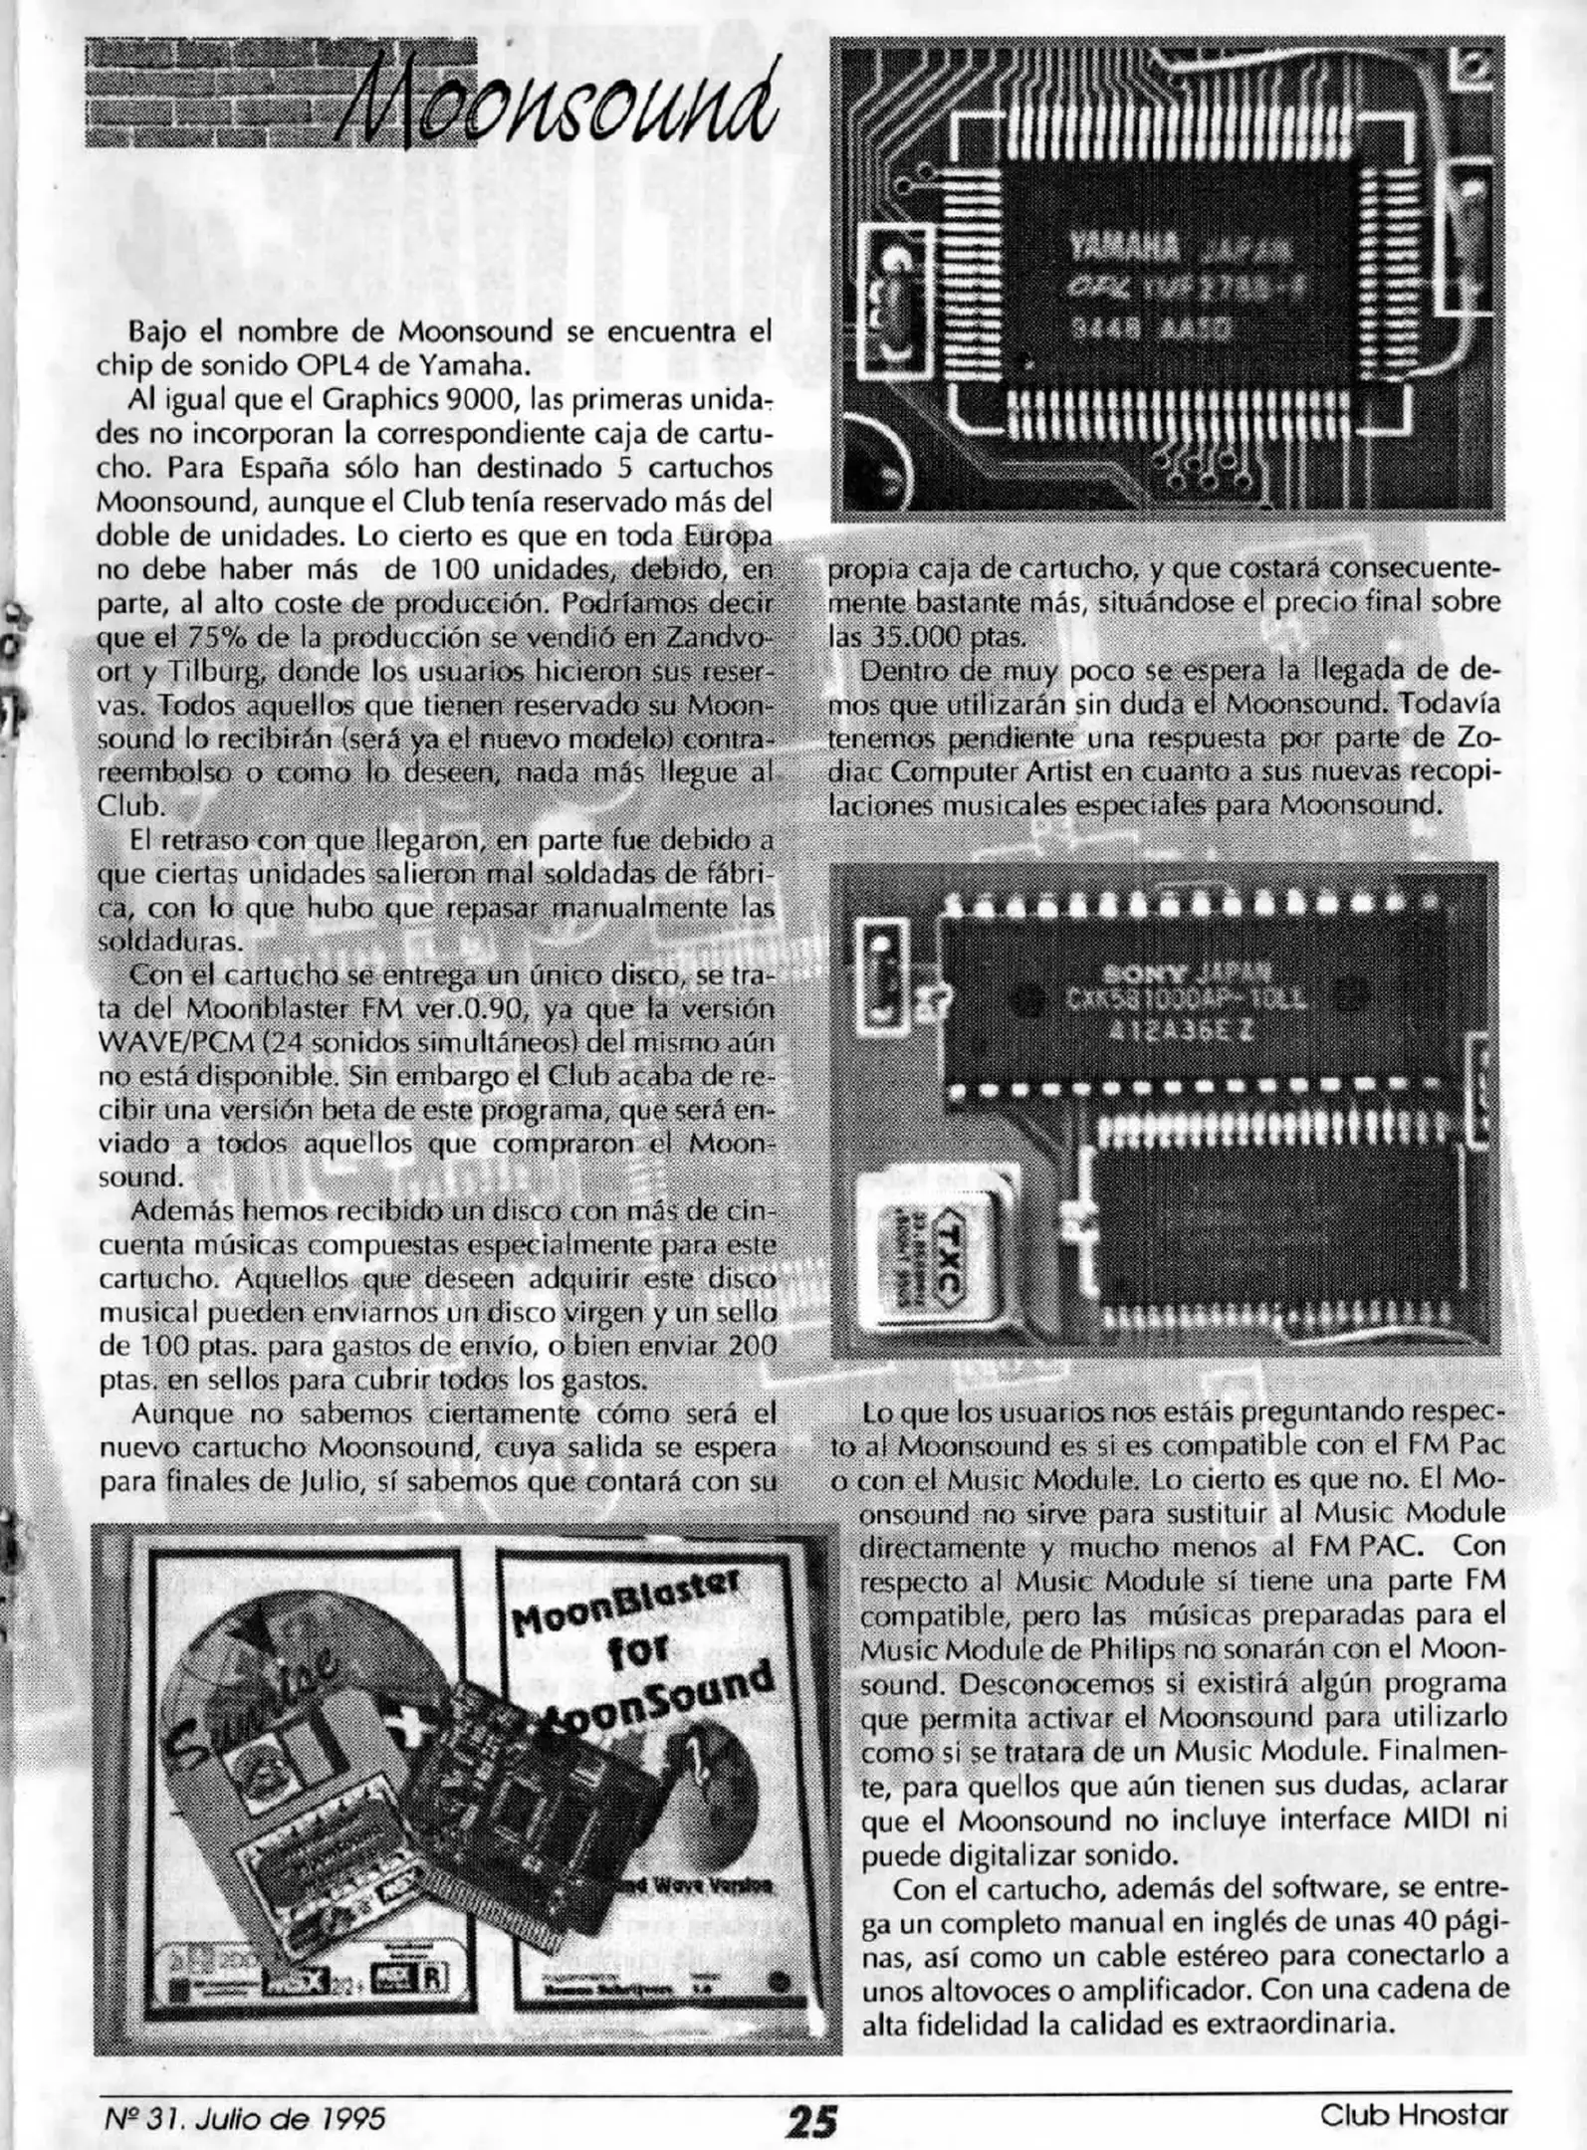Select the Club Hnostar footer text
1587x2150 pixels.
coord(1414,2114)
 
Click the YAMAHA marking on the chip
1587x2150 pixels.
coord(1123,245)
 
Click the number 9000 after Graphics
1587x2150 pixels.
coord(482,400)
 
